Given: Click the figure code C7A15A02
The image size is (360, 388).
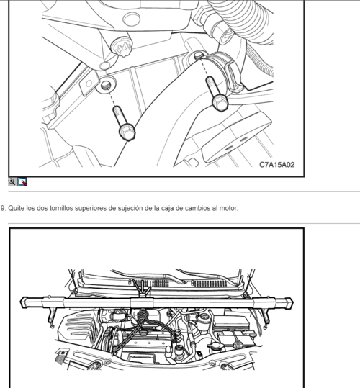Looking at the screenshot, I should coord(276,165).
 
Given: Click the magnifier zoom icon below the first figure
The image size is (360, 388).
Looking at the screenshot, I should coord(12,182).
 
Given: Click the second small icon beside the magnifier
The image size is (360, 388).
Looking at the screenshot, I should coord(22,182).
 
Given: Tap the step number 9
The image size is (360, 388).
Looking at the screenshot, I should coord(3,208).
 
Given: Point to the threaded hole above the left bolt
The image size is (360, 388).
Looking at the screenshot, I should coord(106,86).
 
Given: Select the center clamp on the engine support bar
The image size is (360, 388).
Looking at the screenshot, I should coord(135,297).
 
